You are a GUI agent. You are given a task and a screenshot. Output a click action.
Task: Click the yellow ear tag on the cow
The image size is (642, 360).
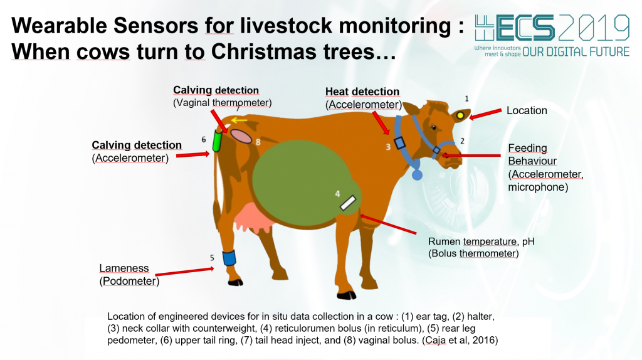click(460, 115)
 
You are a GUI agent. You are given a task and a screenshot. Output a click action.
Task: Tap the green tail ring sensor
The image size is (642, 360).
click(217, 141)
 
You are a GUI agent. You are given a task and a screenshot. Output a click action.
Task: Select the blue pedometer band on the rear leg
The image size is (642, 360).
click(229, 258)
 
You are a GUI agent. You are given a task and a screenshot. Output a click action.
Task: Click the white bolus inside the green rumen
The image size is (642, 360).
click(348, 203)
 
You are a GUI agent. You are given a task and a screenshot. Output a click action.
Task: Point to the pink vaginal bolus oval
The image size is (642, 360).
click(241, 136)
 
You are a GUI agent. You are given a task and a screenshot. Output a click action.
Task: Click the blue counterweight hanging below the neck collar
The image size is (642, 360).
click(417, 175)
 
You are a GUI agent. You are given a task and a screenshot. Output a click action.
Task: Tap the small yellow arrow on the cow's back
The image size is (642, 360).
click(239, 120)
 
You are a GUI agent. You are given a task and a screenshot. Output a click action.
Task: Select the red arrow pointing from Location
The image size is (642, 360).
click(485, 114)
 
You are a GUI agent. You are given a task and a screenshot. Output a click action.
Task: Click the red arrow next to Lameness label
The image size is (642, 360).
click(185, 272)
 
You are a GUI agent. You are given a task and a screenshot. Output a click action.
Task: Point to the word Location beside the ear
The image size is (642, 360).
click(527, 110)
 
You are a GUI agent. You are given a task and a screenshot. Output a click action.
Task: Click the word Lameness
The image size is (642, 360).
click(124, 268)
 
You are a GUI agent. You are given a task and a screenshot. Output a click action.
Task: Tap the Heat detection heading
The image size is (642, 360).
click(362, 92)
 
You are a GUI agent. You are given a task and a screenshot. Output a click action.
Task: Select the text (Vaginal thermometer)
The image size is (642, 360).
click(223, 103)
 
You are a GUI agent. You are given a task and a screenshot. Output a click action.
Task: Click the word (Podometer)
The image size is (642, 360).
click(129, 282)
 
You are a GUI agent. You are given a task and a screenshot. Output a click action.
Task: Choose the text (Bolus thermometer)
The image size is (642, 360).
click(474, 253)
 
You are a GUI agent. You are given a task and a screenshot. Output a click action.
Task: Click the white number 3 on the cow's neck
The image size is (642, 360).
click(388, 147)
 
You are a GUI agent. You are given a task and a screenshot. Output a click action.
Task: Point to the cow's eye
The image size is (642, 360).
click(434, 127)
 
